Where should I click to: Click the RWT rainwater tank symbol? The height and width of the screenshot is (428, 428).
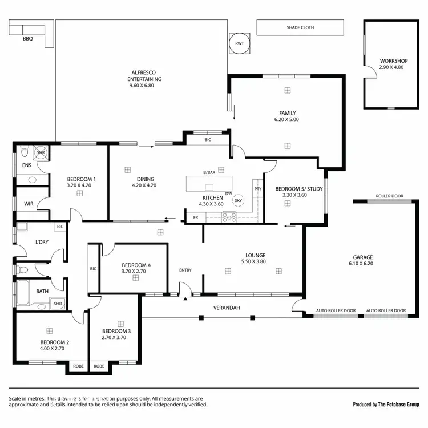click(x=239, y=43)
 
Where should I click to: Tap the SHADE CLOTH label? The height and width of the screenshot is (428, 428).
click(x=300, y=27)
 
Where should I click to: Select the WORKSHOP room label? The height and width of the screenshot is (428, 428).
click(x=393, y=61)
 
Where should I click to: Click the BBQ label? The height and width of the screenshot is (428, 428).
click(x=27, y=39)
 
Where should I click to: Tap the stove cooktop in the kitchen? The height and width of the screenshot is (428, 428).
click(x=229, y=216)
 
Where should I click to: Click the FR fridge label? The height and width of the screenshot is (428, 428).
click(x=196, y=217)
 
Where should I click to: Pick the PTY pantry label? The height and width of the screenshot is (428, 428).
click(x=258, y=189)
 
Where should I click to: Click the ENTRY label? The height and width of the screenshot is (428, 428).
click(x=185, y=270)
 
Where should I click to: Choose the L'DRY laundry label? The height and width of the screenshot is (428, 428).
click(x=42, y=242)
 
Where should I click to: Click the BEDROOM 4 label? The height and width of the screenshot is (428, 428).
click(x=136, y=265)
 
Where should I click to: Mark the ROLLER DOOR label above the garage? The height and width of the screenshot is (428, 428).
click(x=389, y=196)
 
